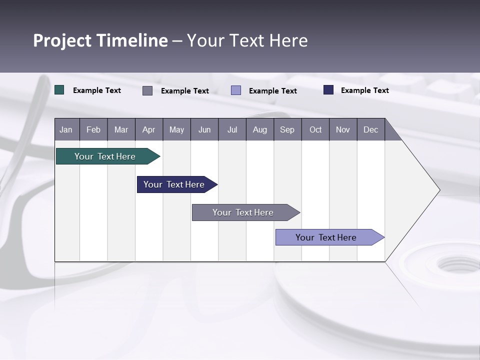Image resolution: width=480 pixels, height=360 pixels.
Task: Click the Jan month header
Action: (66, 129)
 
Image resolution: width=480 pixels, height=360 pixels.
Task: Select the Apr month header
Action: (148, 129)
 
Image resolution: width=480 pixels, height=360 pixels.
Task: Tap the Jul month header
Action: (232, 129)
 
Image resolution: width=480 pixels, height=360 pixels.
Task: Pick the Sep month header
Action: (287, 129)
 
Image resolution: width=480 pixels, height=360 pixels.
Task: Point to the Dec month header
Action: (370, 129)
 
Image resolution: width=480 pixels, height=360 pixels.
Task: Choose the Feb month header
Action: (93, 129)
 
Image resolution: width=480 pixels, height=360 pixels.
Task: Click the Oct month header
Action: (315, 129)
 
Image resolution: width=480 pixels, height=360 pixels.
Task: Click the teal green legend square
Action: (59, 90)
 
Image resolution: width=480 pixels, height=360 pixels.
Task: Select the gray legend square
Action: (147, 90)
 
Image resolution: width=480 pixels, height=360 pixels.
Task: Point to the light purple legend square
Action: (236, 90)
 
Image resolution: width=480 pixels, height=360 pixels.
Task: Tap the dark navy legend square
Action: (328, 90)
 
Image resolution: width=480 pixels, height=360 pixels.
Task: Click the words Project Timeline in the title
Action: (100, 40)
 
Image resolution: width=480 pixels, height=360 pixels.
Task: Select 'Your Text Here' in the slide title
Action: (247, 40)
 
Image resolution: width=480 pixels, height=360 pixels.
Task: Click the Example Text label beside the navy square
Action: (364, 90)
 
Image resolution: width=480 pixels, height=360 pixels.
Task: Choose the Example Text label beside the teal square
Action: (97, 90)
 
